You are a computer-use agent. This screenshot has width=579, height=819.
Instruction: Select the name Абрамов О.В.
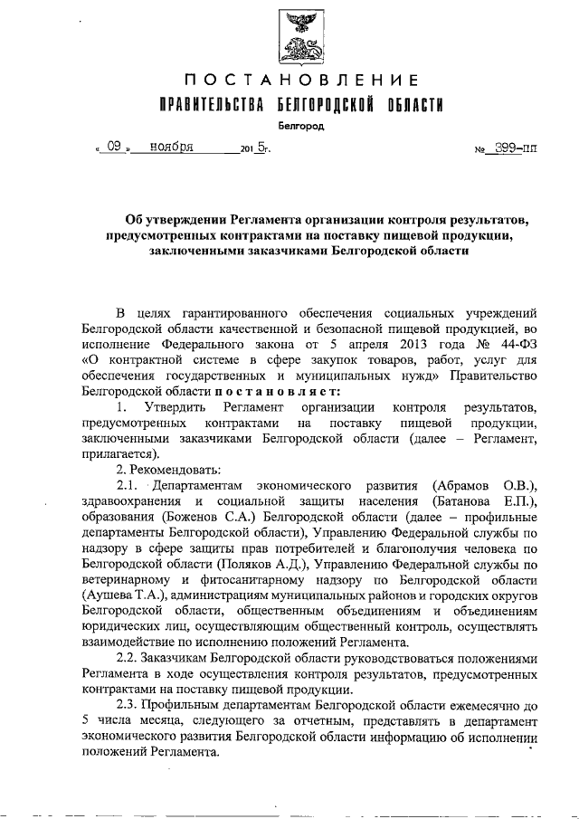(x=487, y=485)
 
